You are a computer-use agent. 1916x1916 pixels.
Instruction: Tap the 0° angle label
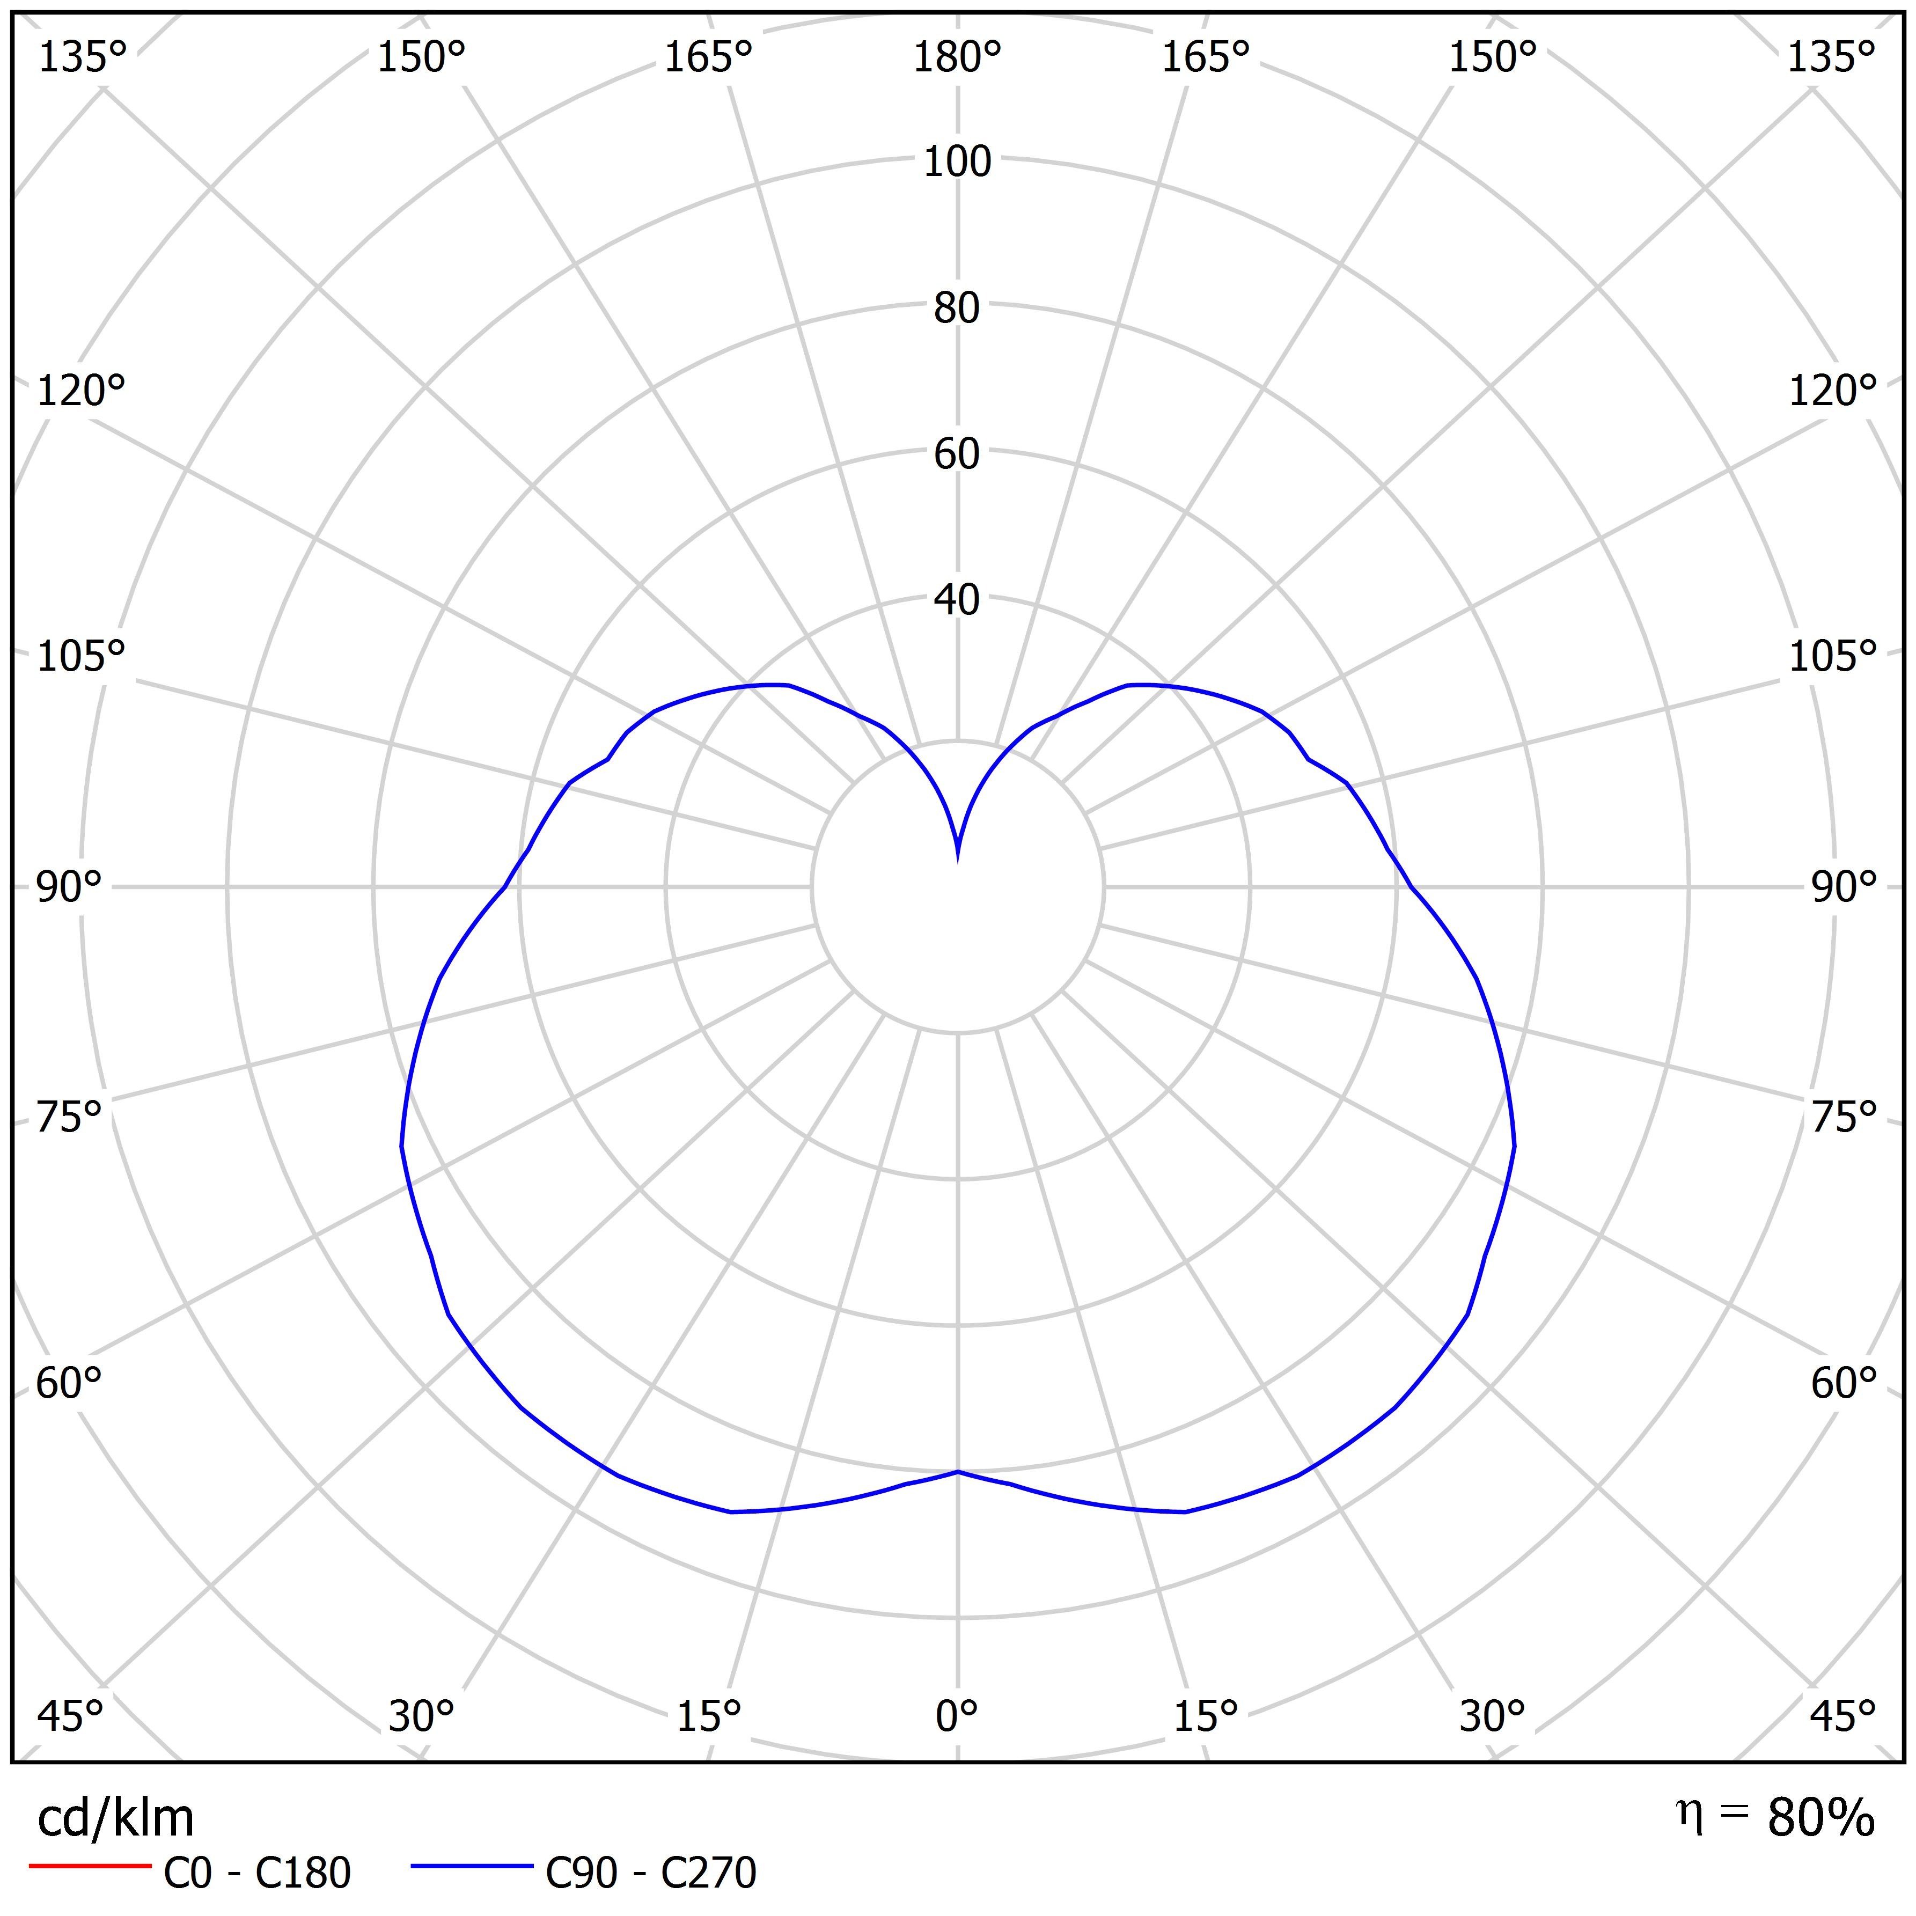(x=957, y=1716)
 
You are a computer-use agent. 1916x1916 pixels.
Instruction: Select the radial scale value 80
(x=957, y=309)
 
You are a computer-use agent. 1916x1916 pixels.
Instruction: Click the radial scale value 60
(x=957, y=454)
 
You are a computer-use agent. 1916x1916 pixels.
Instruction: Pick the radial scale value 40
(x=957, y=600)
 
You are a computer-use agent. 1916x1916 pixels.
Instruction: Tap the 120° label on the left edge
(x=82, y=392)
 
